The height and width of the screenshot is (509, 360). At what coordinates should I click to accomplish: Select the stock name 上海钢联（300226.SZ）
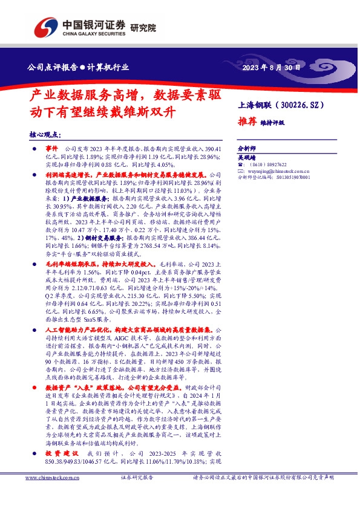coord(283,105)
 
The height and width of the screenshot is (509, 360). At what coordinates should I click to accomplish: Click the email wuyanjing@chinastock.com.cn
coord(279,171)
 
